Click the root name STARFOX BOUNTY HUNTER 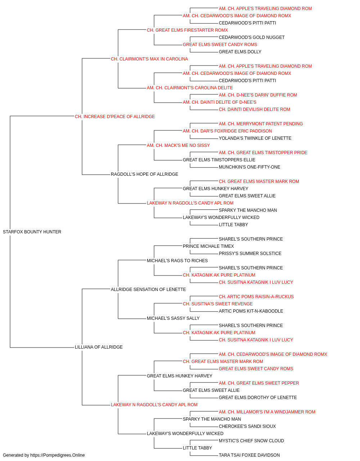(x=32, y=232)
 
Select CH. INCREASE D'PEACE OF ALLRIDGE (x=115, y=116)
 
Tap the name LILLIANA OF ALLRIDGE (x=99, y=347)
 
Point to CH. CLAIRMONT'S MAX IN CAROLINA (x=149, y=59)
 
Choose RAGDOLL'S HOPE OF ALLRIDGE (x=144, y=174)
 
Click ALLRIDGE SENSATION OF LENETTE (x=148, y=289)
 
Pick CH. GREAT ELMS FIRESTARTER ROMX (x=187, y=30)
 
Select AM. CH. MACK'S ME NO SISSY (x=178, y=145)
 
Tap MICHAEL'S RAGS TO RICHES (x=177, y=260)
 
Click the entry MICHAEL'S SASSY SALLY (x=173, y=318)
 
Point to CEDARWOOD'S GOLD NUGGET (x=252, y=37)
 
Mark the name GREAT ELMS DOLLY (x=240, y=52)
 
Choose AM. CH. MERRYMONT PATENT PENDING (x=261, y=124)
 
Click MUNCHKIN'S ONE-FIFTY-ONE (x=249, y=167)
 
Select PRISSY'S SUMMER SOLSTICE (x=250, y=253)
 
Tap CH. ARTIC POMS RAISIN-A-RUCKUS (x=256, y=296)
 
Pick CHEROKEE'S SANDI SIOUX (x=247, y=426)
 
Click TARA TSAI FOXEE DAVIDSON (x=249, y=455)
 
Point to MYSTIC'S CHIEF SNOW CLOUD (x=251, y=440)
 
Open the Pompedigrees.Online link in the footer (x=58, y=455)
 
